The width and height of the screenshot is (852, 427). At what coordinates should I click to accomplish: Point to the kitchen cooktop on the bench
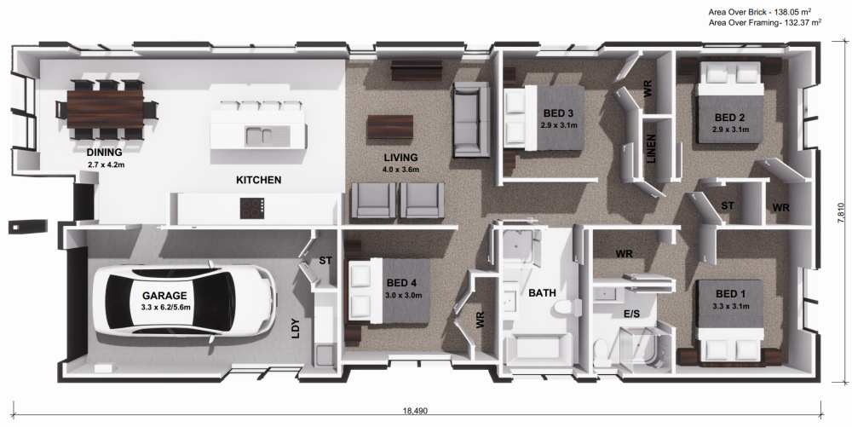click(252, 207)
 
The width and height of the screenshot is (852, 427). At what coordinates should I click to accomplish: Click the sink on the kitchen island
click(257, 135)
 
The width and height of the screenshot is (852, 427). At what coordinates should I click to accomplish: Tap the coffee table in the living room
click(389, 127)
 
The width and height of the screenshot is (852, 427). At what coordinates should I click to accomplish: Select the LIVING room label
click(400, 158)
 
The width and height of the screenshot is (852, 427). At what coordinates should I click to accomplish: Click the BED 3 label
click(559, 114)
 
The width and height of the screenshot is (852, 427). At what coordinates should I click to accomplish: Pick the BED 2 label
click(730, 118)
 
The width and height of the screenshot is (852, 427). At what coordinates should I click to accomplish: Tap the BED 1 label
click(731, 294)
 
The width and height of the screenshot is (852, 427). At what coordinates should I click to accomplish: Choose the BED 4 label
click(402, 284)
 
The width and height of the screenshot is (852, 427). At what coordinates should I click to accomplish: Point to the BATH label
click(542, 293)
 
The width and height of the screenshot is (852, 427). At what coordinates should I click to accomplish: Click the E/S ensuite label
click(632, 314)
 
